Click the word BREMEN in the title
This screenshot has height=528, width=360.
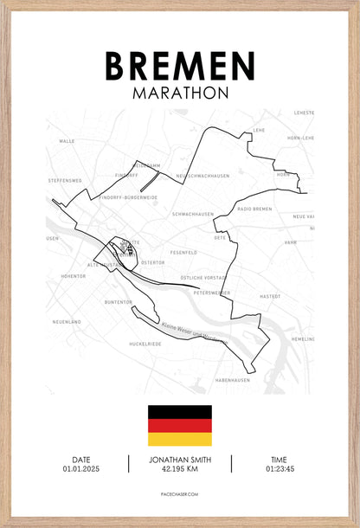180,66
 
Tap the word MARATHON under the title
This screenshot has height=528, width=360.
180,92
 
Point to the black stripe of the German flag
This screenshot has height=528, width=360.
180,411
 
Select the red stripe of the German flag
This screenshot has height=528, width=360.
180,425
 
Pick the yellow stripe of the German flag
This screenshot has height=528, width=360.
180,439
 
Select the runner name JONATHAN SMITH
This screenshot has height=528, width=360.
180,460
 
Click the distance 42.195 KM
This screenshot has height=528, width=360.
180,470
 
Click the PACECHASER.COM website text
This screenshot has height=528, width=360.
180,496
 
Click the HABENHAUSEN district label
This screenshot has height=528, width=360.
233,380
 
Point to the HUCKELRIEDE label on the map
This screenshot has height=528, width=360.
145,344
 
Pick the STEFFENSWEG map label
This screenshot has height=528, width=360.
65,181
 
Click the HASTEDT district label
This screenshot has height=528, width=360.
270,297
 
